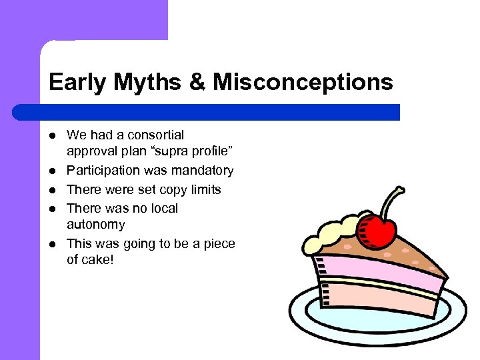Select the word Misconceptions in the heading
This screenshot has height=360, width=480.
point(303,83)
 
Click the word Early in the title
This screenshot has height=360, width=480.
point(77,83)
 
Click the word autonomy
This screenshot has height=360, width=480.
point(95,225)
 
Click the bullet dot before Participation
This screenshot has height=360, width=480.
point(53,171)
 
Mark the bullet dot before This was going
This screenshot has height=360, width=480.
point(53,244)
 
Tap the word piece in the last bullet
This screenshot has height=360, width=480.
point(220,243)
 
